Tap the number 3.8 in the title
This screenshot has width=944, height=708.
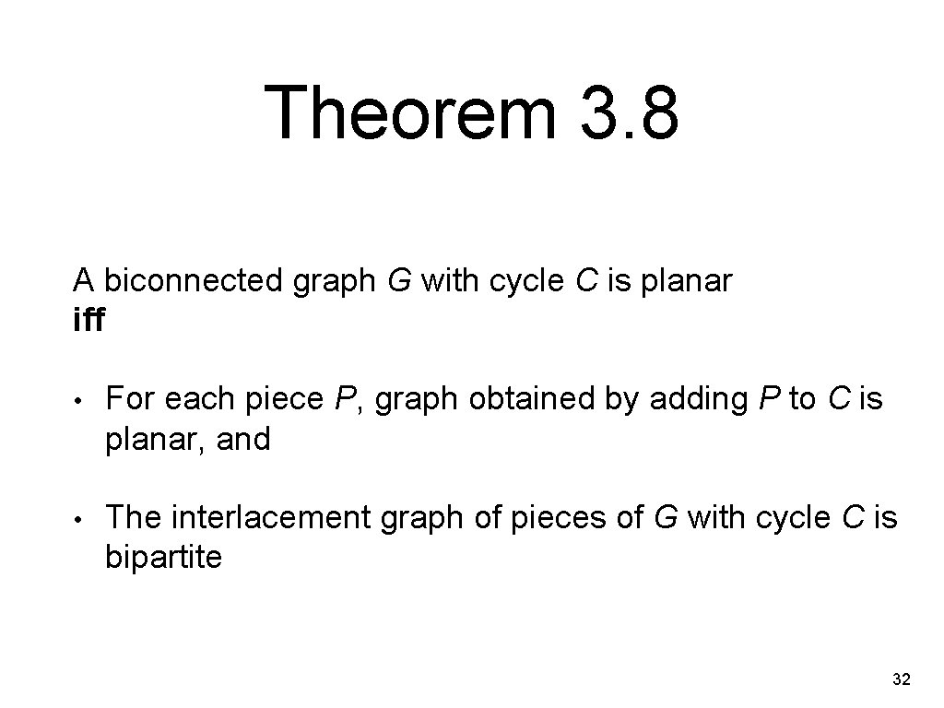(619, 113)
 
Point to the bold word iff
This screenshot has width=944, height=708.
(89, 321)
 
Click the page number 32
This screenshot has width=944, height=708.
(902, 680)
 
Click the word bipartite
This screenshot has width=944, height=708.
(163, 558)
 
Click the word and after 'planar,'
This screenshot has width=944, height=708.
(243, 439)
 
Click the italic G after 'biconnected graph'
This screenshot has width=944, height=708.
(398, 280)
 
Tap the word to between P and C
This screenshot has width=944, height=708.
(802, 399)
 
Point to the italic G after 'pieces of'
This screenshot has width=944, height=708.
(664, 518)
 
